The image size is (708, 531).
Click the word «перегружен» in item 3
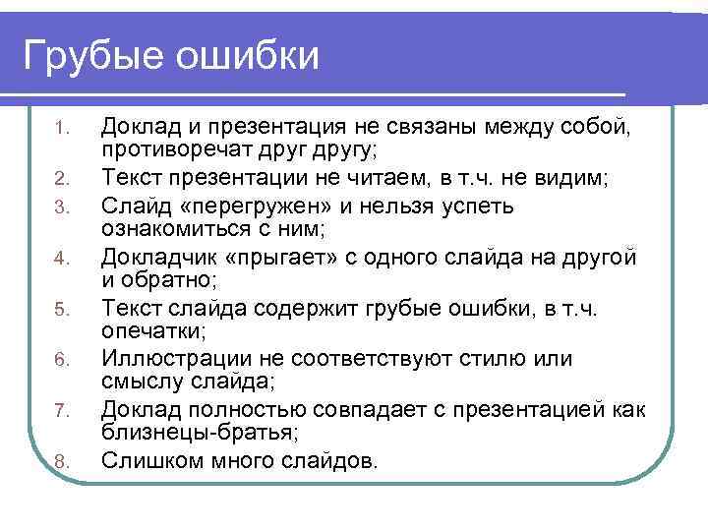click(250, 207)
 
